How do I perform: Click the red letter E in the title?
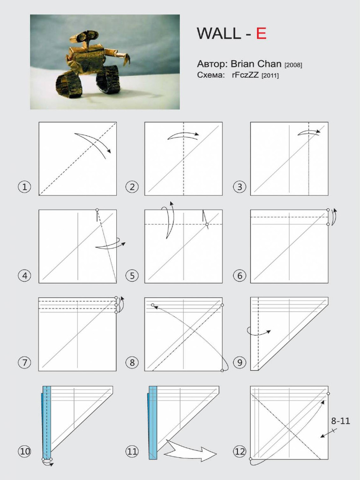pos(261,34)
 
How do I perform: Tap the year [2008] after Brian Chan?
pos(293,65)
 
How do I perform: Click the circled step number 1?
pos(24,187)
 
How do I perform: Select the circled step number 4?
pos(24,275)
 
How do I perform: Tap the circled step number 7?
pos(24,362)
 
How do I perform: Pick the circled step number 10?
pos(24,451)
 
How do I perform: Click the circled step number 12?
pos(240,451)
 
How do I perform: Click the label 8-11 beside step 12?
pos(341,421)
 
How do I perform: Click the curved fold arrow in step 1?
pos(94,142)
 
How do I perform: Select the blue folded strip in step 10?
pos(46,422)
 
